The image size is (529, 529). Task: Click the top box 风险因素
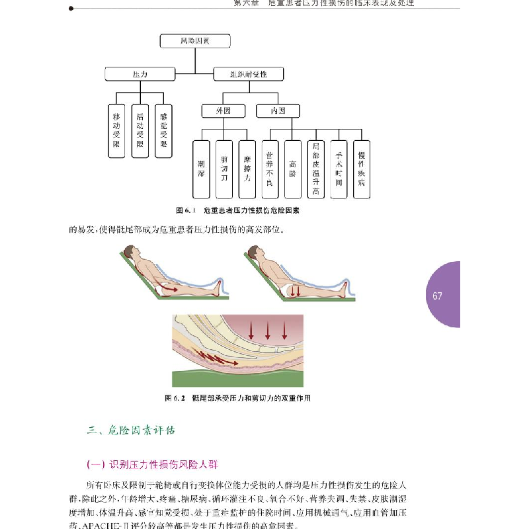tap(195, 41)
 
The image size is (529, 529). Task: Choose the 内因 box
tap(278, 110)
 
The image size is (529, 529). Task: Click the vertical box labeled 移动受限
tap(116, 130)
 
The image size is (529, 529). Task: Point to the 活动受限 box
tap(140, 130)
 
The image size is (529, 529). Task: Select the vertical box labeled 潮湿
tap(201, 169)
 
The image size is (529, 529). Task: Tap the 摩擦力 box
tap(247, 169)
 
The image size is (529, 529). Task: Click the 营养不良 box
tap(269, 169)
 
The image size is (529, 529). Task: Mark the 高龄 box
tap(292, 169)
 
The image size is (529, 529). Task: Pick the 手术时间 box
tap(338, 169)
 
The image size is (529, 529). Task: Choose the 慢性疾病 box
tap(361, 169)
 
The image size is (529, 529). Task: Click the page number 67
tap(437, 296)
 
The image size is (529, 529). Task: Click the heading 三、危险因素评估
tap(132, 430)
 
